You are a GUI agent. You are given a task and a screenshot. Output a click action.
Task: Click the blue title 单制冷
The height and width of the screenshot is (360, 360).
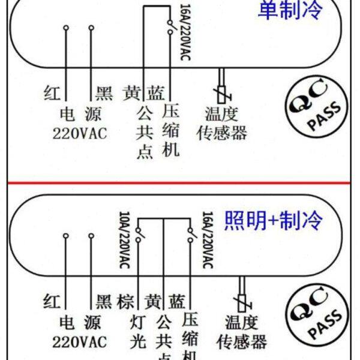click(x=290, y=10)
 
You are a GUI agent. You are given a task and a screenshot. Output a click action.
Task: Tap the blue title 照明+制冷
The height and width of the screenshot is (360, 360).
click(x=273, y=220)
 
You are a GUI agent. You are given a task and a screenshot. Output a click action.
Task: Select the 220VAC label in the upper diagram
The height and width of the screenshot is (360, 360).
click(x=79, y=133)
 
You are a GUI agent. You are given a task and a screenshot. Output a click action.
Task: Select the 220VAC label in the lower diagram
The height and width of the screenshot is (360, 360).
click(x=79, y=342)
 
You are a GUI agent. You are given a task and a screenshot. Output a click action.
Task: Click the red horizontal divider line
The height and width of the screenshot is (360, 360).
click(x=180, y=182)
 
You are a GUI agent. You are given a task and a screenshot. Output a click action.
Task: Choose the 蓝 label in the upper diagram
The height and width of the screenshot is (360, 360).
click(x=157, y=93)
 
